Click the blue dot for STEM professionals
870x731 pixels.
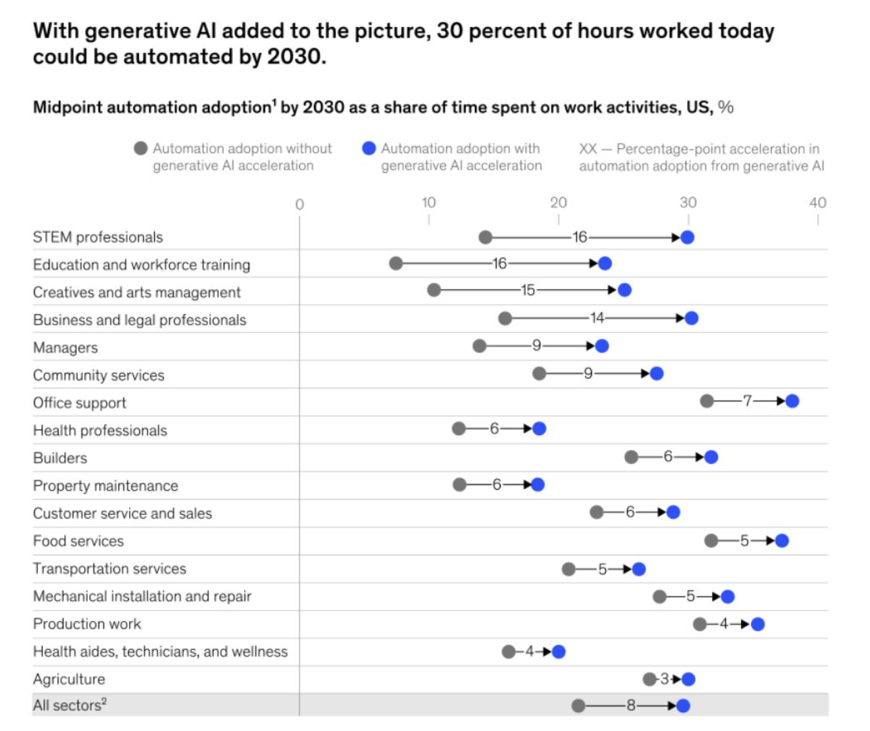(688, 237)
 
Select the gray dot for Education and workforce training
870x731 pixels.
(396, 263)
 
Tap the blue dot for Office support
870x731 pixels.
(792, 401)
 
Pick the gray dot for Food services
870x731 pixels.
(711, 540)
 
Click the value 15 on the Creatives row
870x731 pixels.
(528, 290)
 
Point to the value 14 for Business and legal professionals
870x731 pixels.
(597, 318)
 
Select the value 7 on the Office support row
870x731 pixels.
(747, 401)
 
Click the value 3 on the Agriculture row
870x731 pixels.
(664, 679)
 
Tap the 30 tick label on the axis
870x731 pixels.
(688, 203)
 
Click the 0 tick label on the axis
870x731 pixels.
(299, 204)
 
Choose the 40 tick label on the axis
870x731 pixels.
(817, 203)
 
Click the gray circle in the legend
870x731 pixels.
(140, 148)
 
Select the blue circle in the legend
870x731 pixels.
(369, 148)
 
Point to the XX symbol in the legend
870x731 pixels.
(588, 149)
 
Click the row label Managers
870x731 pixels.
(66, 348)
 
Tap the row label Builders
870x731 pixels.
(60, 458)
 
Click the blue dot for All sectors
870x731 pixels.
(683, 706)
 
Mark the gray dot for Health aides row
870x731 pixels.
(509, 651)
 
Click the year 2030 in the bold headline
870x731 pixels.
(295, 57)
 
